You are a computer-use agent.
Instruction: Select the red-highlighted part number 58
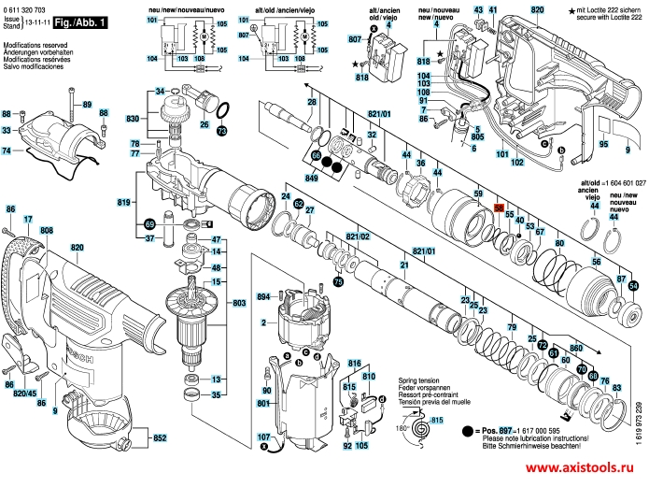(x=499, y=208)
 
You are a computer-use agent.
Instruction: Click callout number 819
(x=123, y=202)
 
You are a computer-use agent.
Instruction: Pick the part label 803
(x=239, y=304)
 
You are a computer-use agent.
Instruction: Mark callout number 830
(x=133, y=119)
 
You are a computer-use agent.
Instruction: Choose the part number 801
(x=263, y=403)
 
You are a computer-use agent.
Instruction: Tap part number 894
(x=263, y=297)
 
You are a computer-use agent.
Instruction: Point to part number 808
(x=47, y=230)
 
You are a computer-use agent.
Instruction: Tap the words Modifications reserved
(x=34, y=44)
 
